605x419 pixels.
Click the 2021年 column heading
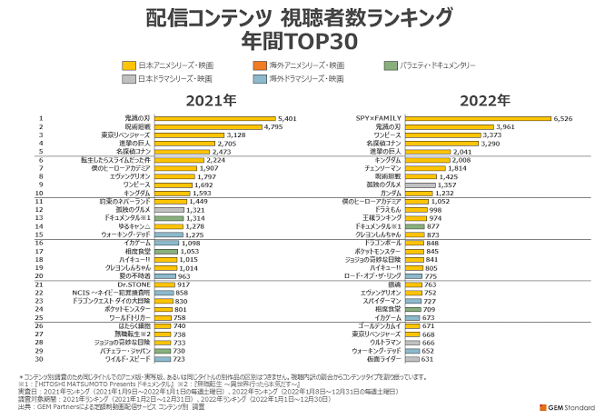[x=210, y=100]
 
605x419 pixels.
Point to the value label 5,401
[x=287, y=118]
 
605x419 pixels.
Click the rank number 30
[x=41, y=359]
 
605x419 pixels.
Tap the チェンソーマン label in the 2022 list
[x=382, y=168]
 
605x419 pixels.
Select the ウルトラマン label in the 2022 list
[x=385, y=342]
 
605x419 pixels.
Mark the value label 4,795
[x=273, y=126]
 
